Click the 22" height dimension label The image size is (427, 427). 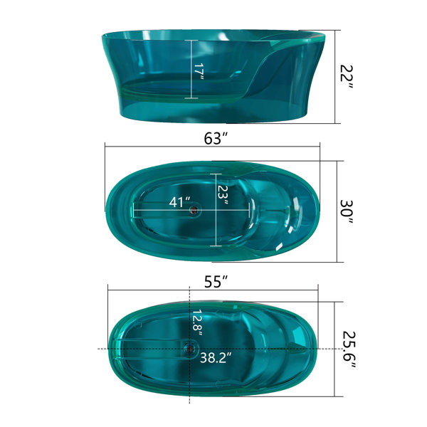click(347, 77)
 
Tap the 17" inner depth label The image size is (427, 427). click(199, 71)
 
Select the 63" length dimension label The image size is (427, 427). click(216, 138)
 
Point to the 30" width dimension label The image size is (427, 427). click(347, 211)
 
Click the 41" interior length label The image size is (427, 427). click(179, 202)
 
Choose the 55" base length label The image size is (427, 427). click(216, 282)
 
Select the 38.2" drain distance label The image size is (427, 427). click(216, 357)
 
